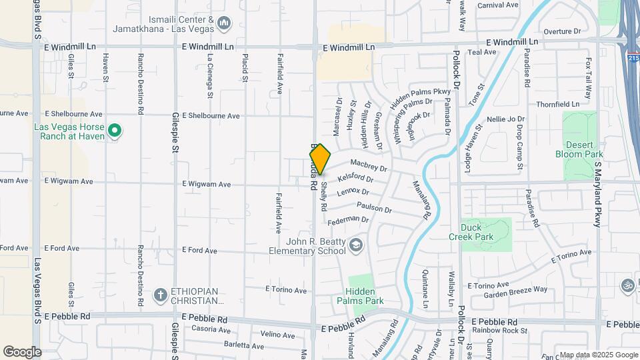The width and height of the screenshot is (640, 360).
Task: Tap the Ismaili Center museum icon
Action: click(224, 25)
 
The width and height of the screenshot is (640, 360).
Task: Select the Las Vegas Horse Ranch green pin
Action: click(115, 130)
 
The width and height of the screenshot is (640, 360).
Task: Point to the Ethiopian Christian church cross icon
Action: click(159, 294)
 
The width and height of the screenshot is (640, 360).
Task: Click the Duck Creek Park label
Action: click(484, 232)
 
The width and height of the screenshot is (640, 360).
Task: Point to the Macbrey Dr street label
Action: click(368, 165)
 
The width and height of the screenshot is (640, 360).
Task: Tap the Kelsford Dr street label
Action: click(355, 179)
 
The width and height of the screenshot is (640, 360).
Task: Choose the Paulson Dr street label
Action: click(374, 208)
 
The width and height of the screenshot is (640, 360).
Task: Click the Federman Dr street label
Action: click(349, 219)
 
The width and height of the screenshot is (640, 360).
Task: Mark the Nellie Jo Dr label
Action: click(506, 119)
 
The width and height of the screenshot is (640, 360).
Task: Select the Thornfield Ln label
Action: click(558, 105)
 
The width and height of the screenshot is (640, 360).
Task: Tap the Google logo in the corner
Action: click(22, 351)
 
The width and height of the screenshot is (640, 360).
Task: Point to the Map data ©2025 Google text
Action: click(598, 355)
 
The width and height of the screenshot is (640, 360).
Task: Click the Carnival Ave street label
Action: click(498, 5)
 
